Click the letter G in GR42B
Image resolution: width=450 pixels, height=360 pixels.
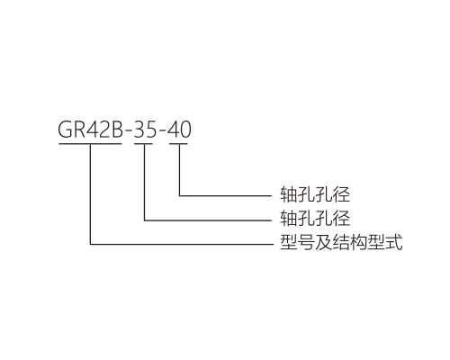click(x=66, y=130)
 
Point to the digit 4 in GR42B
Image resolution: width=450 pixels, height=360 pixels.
click(x=94, y=130)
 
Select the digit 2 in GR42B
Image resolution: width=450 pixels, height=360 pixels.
click(x=105, y=130)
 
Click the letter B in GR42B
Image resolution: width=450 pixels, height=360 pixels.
click(x=118, y=130)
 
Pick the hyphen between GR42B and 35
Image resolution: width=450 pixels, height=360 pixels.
click(x=128, y=131)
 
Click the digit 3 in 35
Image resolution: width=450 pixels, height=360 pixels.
click(x=139, y=130)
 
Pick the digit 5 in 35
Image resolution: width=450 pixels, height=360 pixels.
click(x=151, y=130)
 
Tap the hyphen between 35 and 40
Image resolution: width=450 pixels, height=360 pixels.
click(x=163, y=131)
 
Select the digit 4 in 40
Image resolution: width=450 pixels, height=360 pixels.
click(x=174, y=130)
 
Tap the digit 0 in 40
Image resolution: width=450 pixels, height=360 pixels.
click(x=185, y=130)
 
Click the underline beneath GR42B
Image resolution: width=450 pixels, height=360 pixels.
click(x=90, y=144)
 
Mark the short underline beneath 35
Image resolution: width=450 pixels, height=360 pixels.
click(x=143, y=144)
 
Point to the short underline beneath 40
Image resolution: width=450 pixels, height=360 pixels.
click(x=178, y=144)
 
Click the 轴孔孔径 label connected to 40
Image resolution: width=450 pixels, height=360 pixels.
click(x=315, y=194)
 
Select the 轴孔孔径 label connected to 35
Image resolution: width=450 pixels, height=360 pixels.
click(x=315, y=218)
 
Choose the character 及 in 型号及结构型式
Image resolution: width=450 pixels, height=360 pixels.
click(x=323, y=242)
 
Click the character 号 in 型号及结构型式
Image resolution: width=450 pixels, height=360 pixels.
click(x=306, y=242)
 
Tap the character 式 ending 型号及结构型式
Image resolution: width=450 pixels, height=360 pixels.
click(x=394, y=242)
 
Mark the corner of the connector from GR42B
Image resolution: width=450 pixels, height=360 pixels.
click(x=90, y=244)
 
